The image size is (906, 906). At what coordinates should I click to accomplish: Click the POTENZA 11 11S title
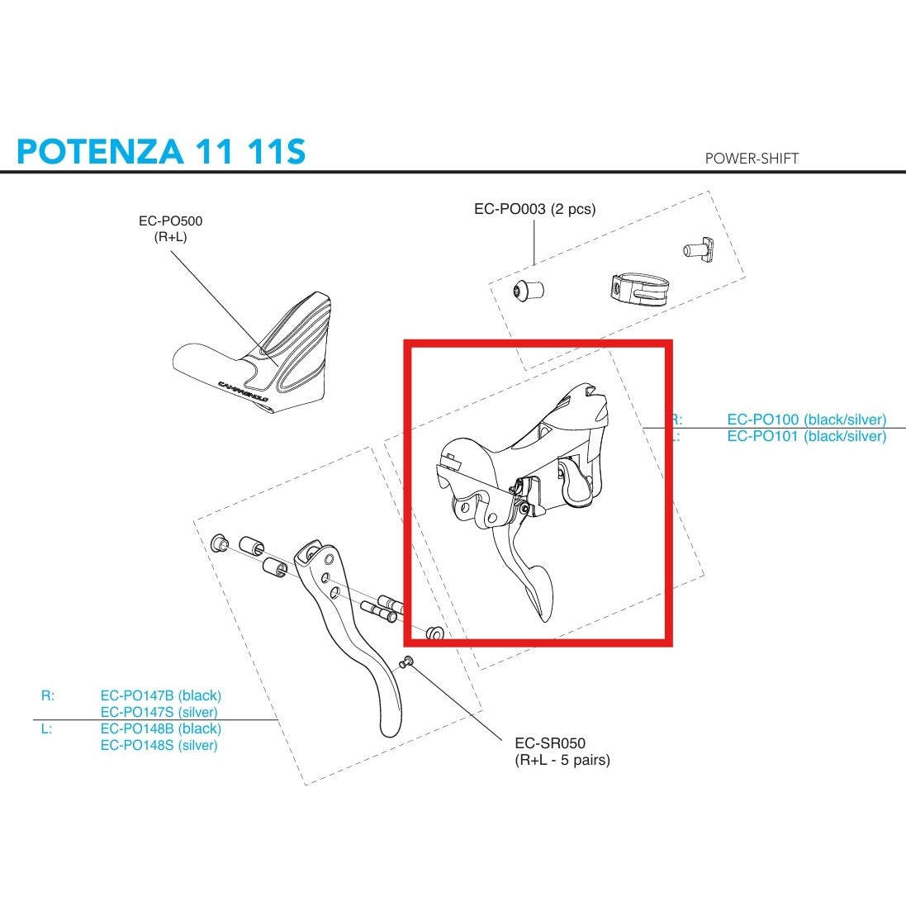[161, 151]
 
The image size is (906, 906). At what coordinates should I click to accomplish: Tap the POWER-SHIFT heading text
[752, 158]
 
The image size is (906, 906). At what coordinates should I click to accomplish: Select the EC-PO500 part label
[170, 221]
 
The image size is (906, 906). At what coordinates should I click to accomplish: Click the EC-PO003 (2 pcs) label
[534, 209]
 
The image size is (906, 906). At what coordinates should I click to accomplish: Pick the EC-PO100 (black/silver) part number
[806, 420]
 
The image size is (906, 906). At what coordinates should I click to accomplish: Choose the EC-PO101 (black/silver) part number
[806, 436]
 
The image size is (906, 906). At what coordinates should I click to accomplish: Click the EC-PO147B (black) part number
[161, 695]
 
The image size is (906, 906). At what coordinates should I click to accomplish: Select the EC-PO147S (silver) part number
[159, 712]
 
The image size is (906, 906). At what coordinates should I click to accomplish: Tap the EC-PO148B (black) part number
[161, 728]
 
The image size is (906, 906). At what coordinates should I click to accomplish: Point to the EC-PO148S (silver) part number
[159, 745]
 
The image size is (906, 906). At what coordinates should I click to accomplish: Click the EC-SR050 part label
[550, 743]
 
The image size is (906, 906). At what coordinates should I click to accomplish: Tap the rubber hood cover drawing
[256, 359]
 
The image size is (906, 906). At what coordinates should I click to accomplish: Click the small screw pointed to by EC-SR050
[406, 661]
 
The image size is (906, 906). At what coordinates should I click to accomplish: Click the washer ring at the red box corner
[434, 633]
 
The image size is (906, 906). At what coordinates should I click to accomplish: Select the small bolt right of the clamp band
[697, 247]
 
